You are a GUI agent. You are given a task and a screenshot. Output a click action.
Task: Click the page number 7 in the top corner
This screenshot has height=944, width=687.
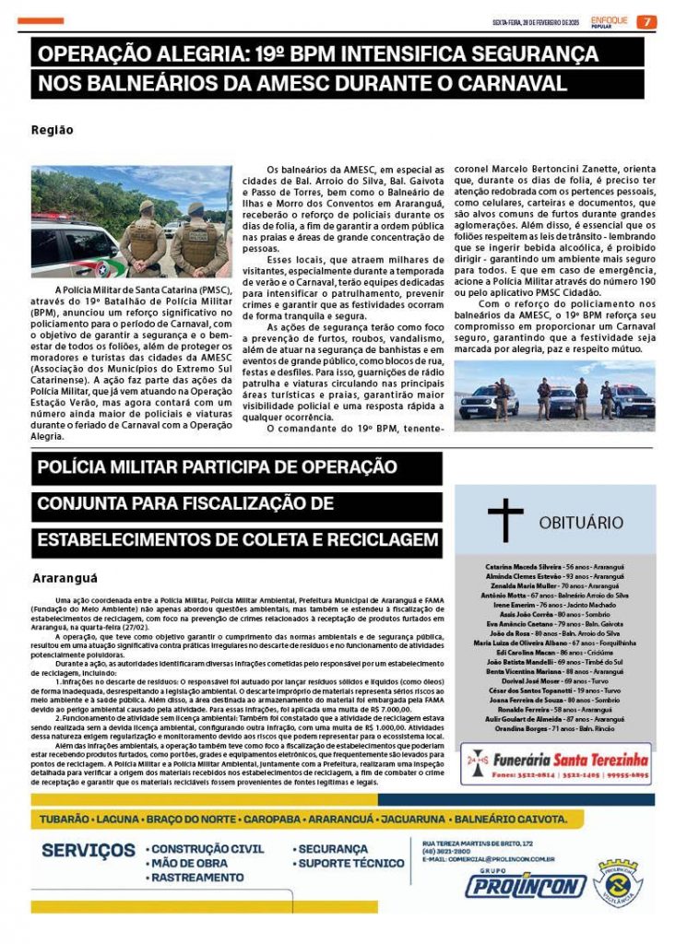pyautogui.click(x=647, y=22)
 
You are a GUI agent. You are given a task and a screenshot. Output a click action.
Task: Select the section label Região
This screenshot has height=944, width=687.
pyautogui.click(x=52, y=130)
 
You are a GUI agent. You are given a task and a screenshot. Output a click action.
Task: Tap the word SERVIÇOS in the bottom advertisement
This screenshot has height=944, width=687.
pyautogui.click(x=88, y=849)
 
